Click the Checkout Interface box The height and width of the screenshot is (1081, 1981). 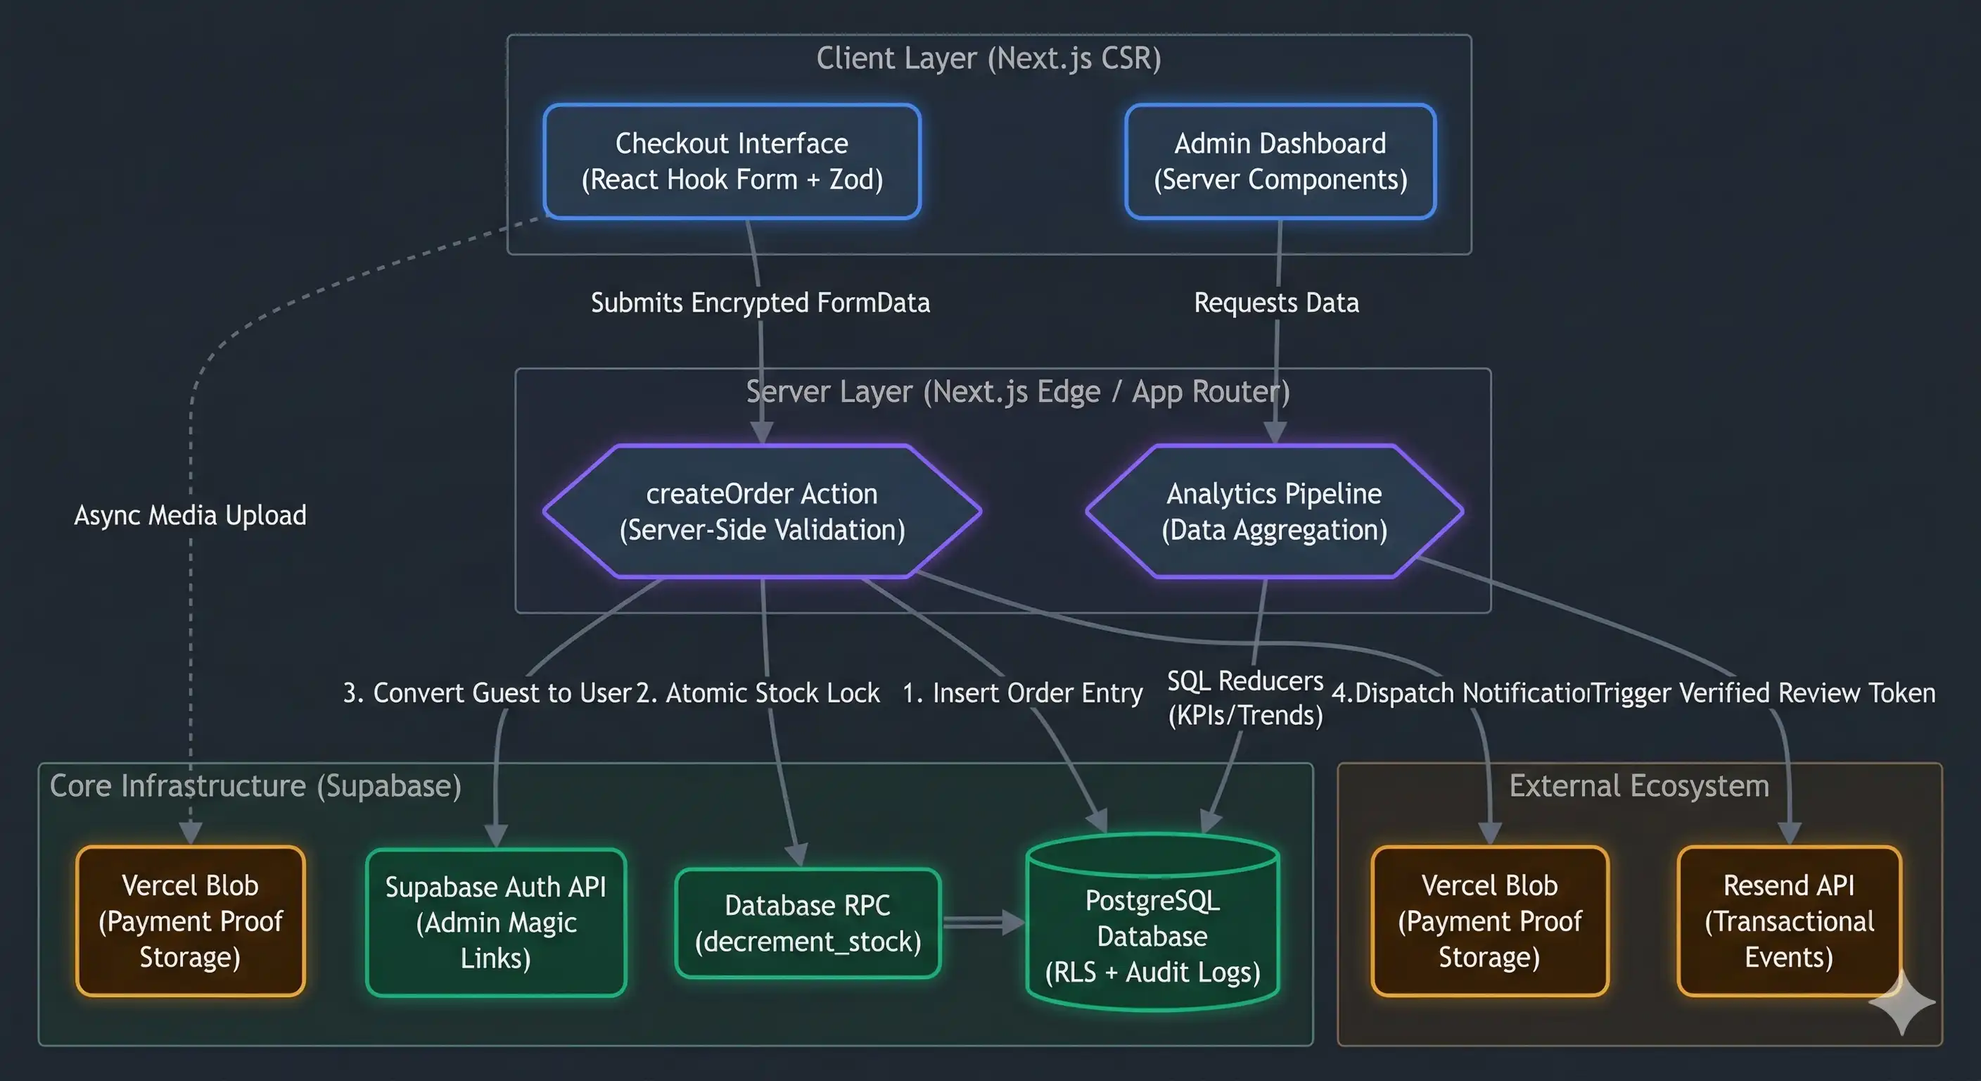(x=732, y=162)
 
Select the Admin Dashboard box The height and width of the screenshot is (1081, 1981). (x=1280, y=162)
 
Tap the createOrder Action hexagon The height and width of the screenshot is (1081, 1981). (x=761, y=511)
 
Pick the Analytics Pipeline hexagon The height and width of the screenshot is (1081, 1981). (x=1274, y=511)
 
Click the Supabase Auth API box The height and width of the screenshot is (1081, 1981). (x=496, y=922)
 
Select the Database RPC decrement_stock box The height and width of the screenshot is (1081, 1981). (x=808, y=923)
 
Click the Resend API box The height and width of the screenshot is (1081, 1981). (x=1789, y=921)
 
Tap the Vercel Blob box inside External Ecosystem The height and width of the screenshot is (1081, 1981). (x=1489, y=921)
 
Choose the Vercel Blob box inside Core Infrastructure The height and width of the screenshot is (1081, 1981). (x=190, y=921)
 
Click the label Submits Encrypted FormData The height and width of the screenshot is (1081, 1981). (x=760, y=303)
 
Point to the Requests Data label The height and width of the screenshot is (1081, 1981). (x=1276, y=303)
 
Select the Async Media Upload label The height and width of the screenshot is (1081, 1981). (x=190, y=514)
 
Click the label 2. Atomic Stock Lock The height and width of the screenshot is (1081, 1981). (x=758, y=693)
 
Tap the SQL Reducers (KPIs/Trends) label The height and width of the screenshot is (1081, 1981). (x=1245, y=698)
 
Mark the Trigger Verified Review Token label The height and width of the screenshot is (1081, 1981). (x=1763, y=693)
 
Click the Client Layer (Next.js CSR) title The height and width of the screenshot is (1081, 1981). (x=988, y=58)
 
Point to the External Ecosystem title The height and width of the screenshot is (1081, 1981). (x=1639, y=785)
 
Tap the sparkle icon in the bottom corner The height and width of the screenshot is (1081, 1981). (x=1902, y=1002)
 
